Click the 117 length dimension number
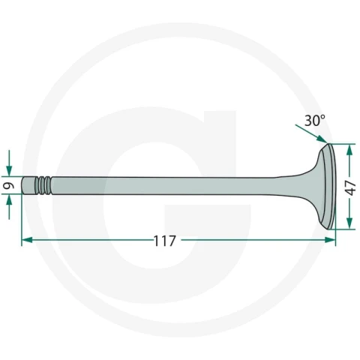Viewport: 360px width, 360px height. point(165,241)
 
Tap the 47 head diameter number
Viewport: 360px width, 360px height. point(351,187)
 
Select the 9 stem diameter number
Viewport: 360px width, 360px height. point(9,185)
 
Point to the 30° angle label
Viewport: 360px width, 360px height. point(315,121)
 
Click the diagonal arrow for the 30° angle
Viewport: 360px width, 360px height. point(311,133)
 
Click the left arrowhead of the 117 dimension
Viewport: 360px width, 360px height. point(27,240)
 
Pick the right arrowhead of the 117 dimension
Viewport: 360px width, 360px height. point(330,240)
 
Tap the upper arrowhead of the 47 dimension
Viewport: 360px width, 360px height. point(349,149)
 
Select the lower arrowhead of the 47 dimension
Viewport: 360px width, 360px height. point(349,223)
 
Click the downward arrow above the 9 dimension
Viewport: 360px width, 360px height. point(9,163)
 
